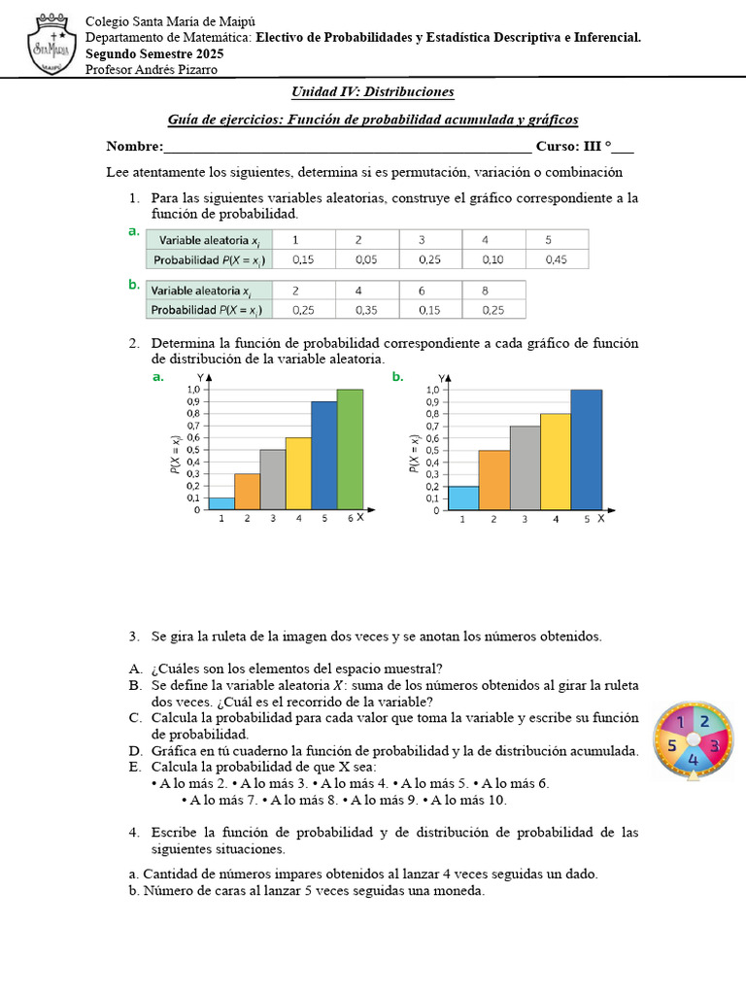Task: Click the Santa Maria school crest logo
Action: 45,45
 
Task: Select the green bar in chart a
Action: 350,450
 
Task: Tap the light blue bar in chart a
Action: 221,503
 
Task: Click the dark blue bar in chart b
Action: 586,450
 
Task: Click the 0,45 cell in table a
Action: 557,259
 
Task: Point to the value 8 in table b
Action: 484,291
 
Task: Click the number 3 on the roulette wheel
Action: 714,745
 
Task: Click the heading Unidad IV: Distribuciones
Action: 373,92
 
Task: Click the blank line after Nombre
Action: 348,148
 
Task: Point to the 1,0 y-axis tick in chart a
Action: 192,390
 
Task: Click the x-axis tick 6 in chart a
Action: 350,519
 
